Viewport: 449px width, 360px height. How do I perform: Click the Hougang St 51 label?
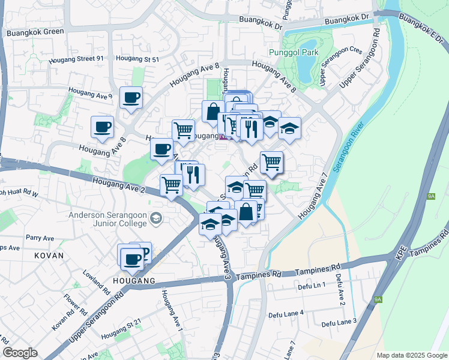(137, 59)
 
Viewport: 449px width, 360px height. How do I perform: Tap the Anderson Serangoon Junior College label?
(107, 219)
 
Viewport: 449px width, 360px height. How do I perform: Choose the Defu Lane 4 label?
(285, 313)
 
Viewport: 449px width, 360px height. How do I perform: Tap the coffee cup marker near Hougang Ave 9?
(131, 98)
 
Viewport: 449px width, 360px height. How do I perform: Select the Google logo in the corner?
(20, 353)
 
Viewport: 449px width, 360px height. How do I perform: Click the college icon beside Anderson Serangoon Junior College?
(157, 217)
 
